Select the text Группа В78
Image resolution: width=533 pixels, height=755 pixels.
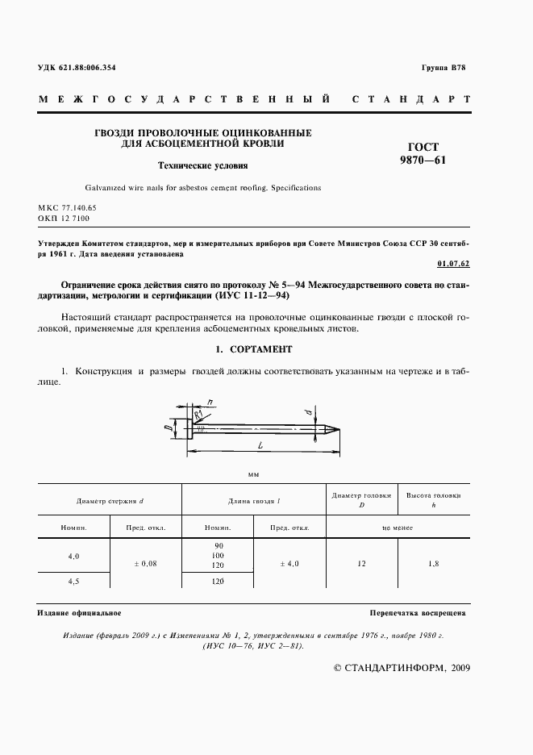(443, 67)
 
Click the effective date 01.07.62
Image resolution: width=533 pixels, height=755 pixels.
(451, 263)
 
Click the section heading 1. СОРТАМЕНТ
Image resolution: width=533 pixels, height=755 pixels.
(254, 349)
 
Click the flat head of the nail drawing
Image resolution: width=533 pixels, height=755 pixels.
(190, 428)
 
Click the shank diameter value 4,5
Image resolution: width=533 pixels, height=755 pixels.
(73, 580)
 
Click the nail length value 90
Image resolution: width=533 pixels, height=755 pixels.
(218, 546)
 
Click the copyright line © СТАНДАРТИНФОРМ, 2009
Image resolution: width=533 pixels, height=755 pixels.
(402, 668)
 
